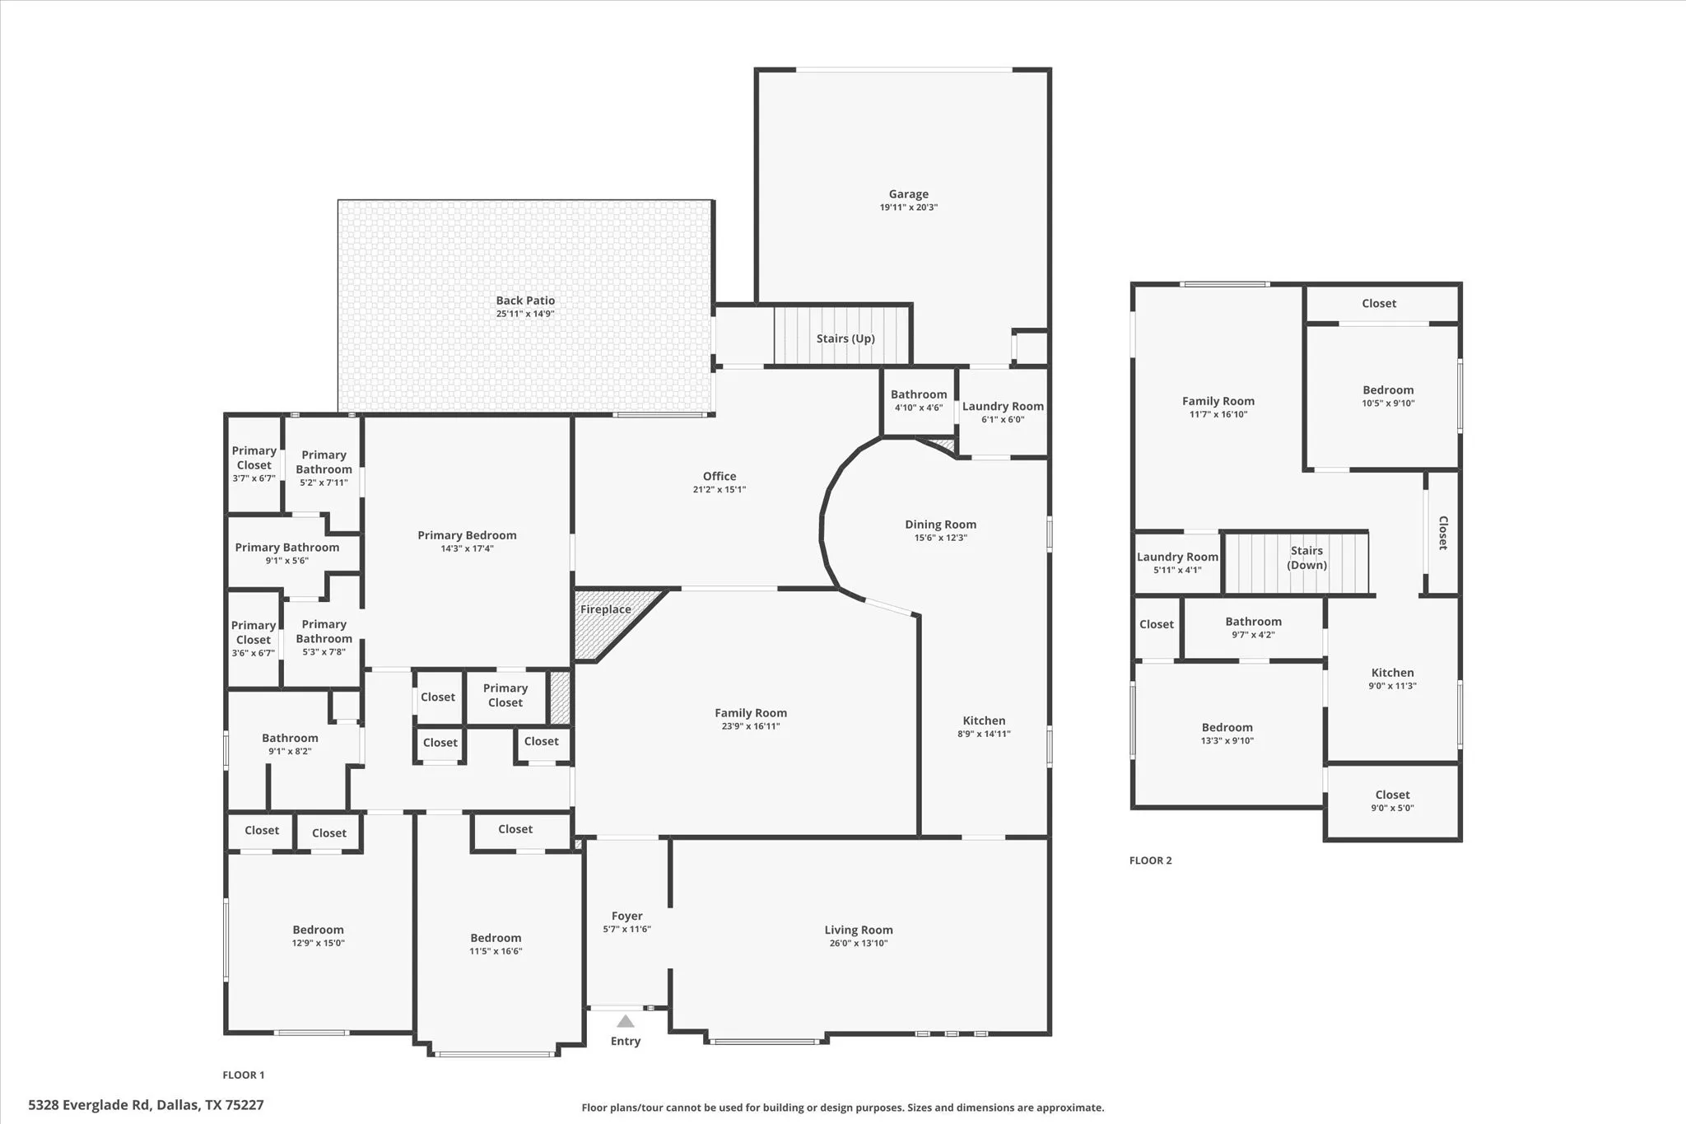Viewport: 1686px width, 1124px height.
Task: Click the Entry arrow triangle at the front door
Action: click(626, 1021)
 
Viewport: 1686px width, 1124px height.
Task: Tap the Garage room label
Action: click(908, 194)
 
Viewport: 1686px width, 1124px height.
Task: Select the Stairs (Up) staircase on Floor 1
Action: click(841, 337)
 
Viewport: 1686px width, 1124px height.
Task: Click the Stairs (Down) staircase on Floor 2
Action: click(1296, 563)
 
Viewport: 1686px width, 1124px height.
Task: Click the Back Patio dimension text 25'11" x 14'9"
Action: click(525, 314)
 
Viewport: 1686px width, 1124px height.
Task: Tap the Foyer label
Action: click(626, 916)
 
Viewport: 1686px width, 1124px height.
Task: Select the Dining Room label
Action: click(940, 525)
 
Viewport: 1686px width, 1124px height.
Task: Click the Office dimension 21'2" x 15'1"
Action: click(719, 490)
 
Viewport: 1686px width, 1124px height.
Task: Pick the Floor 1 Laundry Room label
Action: click(1002, 406)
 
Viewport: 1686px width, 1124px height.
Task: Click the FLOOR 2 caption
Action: click(1150, 860)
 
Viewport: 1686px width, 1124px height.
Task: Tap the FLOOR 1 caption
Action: click(243, 1075)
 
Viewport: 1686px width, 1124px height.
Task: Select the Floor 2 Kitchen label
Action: click(1392, 673)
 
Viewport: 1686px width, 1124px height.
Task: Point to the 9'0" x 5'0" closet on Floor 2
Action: click(1392, 801)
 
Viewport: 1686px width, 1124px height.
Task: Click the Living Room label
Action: click(858, 930)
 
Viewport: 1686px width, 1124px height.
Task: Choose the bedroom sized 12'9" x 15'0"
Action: click(318, 936)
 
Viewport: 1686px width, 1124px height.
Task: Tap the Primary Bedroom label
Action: click(467, 535)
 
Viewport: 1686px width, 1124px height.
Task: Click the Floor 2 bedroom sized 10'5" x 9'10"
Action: click(1387, 396)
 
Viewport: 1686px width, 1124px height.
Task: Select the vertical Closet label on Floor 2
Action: click(1443, 533)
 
